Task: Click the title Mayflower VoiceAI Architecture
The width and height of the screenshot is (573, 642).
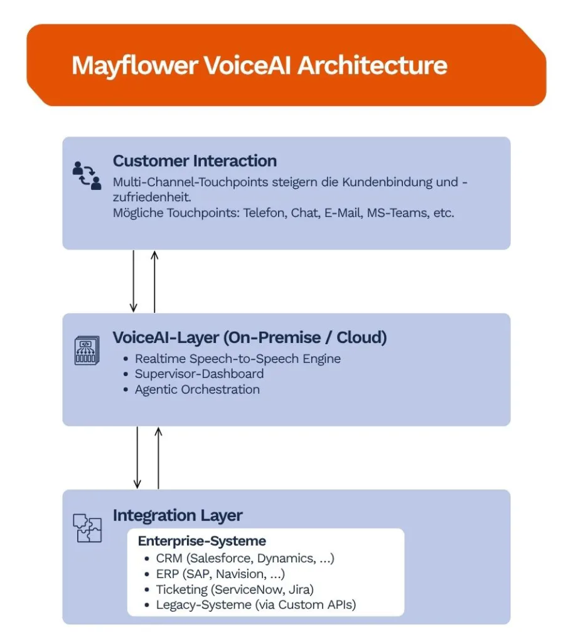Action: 259,65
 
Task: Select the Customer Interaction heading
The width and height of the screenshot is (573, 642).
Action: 195,160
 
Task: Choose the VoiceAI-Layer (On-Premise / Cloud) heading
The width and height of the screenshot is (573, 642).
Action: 250,337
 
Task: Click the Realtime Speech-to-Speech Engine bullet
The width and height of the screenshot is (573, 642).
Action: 238,359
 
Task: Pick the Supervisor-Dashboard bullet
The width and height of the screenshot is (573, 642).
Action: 199,374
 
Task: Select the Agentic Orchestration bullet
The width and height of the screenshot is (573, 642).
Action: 197,389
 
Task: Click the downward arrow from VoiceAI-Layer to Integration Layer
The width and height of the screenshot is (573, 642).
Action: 137,457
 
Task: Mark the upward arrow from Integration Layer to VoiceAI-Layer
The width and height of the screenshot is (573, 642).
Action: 158,457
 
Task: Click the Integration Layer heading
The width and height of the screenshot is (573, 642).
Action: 178,515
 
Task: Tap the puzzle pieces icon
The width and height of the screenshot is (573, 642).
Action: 87,528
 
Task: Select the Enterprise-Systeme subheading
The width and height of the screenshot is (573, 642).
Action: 202,540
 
